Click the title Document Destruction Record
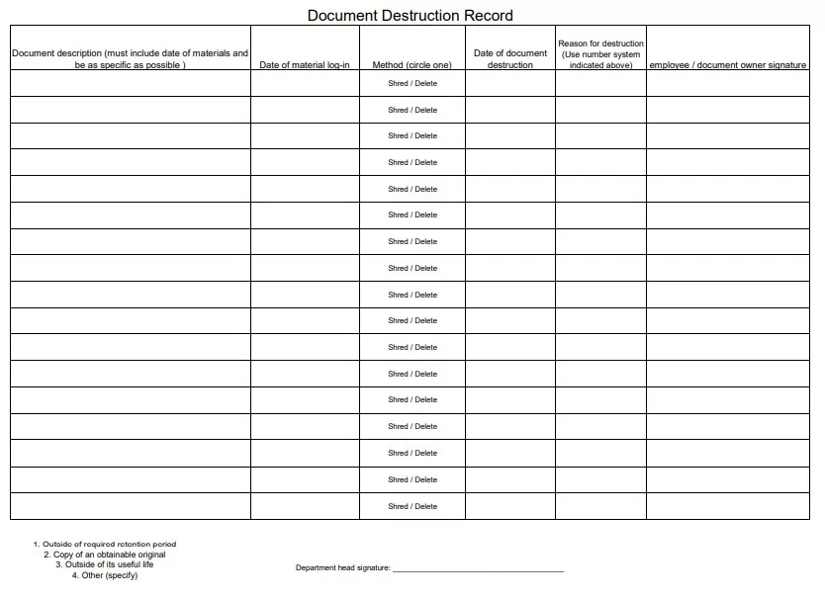(410, 16)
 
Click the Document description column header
(130, 58)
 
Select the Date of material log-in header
(305, 65)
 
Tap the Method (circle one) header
(412, 65)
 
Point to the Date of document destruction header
(510, 58)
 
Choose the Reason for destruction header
(600, 54)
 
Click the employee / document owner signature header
(727, 65)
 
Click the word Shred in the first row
(398, 83)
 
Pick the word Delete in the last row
(426, 506)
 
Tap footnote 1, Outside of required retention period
(105, 544)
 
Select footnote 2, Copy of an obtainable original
(105, 555)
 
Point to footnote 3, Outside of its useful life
(105, 564)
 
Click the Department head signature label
(343, 568)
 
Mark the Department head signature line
(478, 570)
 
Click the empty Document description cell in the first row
(130, 83)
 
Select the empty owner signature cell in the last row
(727, 506)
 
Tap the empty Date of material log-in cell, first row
(305, 83)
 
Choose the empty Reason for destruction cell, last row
(600, 506)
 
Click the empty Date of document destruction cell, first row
(510, 83)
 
